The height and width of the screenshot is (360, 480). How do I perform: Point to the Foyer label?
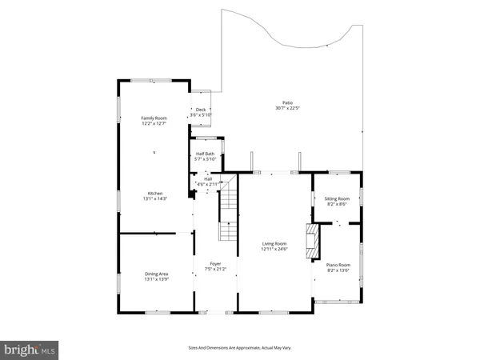(215, 263)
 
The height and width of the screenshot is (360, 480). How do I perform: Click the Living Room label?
(274, 244)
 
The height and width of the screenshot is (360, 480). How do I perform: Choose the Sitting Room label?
(338, 198)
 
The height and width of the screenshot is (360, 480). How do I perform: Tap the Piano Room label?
(338, 265)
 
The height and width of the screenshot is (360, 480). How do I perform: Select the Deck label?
(201, 110)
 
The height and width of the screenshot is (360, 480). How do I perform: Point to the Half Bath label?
(205, 154)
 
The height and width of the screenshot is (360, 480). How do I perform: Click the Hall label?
(206, 178)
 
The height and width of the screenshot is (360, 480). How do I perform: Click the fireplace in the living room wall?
(312, 237)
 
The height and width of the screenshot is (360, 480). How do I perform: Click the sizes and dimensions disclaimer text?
(239, 348)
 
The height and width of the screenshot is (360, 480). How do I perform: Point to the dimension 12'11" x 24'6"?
(274, 250)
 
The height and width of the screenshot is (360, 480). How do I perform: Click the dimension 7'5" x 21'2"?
(215, 269)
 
